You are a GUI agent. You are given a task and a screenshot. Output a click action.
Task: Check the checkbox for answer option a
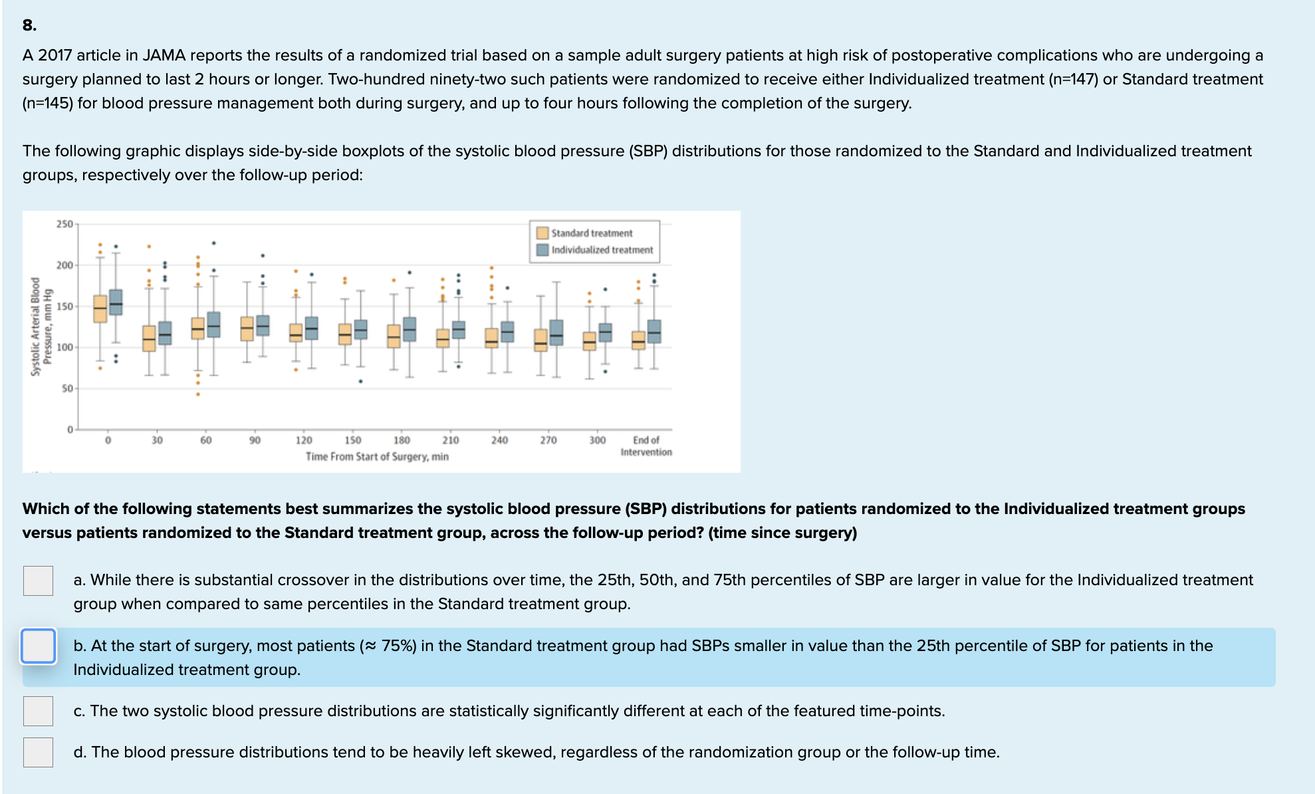pyautogui.click(x=38, y=581)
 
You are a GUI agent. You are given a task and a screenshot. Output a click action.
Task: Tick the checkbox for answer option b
pyautogui.click(x=38, y=646)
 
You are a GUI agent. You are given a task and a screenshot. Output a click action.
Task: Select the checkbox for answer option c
pyautogui.click(x=38, y=711)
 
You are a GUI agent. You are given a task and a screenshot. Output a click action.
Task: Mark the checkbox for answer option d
pyautogui.click(x=38, y=752)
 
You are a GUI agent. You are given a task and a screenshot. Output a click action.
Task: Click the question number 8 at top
pyautogui.click(x=29, y=25)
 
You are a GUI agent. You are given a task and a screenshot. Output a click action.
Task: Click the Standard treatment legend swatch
pyautogui.click(x=542, y=233)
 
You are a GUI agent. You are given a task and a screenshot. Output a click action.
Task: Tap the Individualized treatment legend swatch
pyautogui.click(x=542, y=249)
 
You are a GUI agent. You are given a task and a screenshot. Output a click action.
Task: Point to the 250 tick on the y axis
pyautogui.click(x=64, y=224)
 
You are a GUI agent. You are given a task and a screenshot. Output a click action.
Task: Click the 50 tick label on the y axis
pyautogui.click(x=67, y=388)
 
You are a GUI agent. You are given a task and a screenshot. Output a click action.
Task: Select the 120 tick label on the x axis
pyautogui.click(x=304, y=440)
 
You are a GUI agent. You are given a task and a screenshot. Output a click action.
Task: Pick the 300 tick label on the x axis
pyautogui.click(x=597, y=440)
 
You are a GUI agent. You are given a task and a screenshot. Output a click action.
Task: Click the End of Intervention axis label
pyautogui.click(x=646, y=446)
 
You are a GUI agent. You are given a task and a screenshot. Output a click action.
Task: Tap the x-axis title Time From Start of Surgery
pyautogui.click(x=377, y=457)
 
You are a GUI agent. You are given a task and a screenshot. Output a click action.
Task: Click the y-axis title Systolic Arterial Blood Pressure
pyautogui.click(x=41, y=326)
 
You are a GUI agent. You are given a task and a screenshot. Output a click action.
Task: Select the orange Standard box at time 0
pyautogui.click(x=100, y=309)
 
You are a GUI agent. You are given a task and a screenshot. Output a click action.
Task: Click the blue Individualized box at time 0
pyautogui.click(x=116, y=302)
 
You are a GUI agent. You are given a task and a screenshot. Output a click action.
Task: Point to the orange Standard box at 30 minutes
pyautogui.click(x=149, y=338)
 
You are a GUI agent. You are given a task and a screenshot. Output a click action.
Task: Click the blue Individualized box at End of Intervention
pyautogui.click(x=654, y=331)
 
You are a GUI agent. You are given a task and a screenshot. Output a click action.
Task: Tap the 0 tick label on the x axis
pyautogui.click(x=108, y=440)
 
